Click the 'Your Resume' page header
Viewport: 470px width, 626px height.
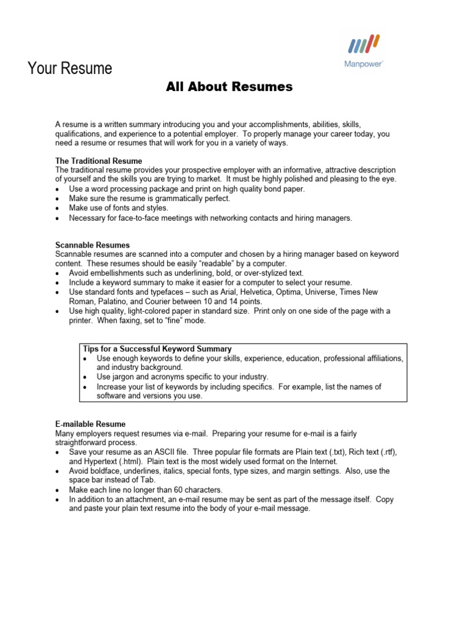point(70,68)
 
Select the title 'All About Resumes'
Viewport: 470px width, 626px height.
point(229,87)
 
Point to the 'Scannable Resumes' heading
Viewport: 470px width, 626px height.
point(92,245)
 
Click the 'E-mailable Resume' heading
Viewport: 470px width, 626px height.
point(90,424)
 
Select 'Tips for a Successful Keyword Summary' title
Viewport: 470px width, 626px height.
point(157,348)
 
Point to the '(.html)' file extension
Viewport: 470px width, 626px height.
point(135,462)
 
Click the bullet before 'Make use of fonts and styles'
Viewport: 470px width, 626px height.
point(57,208)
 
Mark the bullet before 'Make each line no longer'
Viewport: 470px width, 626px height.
point(57,490)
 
